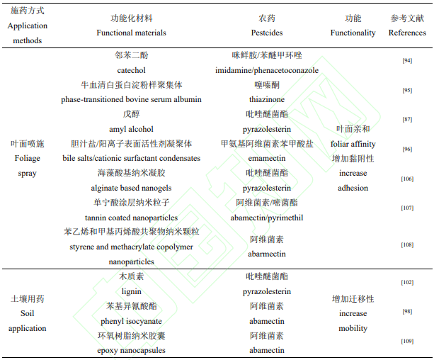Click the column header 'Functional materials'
(x=131, y=33)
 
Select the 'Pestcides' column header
(x=267, y=33)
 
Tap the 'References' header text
(x=407, y=33)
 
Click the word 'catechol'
(x=131, y=70)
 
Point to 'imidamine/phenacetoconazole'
(x=267, y=70)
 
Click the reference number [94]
(x=407, y=61)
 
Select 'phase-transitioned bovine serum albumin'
(x=131, y=99)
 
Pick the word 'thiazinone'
(x=267, y=99)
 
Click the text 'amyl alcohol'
(x=131, y=129)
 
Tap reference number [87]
(x=407, y=120)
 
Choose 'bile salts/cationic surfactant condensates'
(x=131, y=158)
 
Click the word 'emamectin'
(x=267, y=158)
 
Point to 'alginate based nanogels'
(x=131, y=188)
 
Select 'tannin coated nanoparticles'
(x=131, y=218)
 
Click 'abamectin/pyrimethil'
(x=267, y=218)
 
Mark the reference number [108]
(x=407, y=244)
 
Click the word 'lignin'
(x=131, y=291)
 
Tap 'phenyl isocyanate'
(x=131, y=321)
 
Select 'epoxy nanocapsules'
(x=131, y=350)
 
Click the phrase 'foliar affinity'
(x=353, y=144)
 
